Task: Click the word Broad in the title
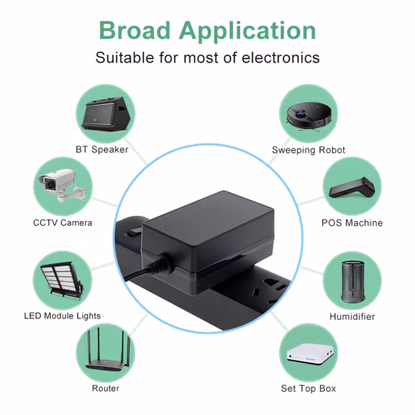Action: point(134,30)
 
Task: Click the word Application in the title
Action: point(247,32)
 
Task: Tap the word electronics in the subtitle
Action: point(281,57)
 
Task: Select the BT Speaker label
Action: point(102,149)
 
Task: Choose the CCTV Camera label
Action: point(63,223)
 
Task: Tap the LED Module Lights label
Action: point(63,315)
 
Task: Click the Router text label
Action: point(106,389)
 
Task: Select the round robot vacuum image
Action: point(309,116)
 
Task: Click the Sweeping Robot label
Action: point(309,150)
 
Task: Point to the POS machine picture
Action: point(352,187)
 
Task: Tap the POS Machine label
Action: point(352,223)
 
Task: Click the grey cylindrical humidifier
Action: point(353,281)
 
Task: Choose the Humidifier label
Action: point(352,317)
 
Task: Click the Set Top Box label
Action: point(309,389)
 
